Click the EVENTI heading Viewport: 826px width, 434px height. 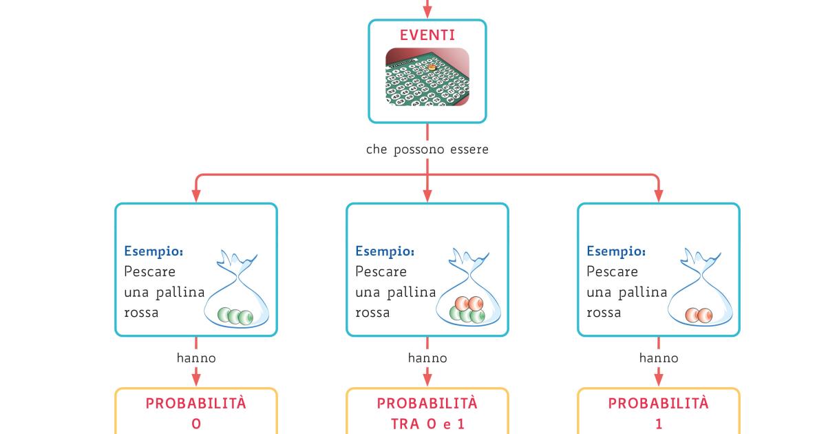(x=427, y=34)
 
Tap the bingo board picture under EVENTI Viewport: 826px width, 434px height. (x=427, y=76)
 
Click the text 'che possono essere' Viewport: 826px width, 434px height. (x=427, y=149)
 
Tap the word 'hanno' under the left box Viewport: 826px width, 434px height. (x=196, y=358)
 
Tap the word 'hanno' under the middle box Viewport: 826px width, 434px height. (x=427, y=358)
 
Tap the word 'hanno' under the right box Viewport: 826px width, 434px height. (x=659, y=358)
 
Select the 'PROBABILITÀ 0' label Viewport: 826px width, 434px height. (x=196, y=412)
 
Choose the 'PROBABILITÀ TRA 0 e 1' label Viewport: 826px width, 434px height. (x=427, y=412)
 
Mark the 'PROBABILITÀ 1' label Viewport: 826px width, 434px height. (x=659, y=412)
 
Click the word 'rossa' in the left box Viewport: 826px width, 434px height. (x=141, y=313)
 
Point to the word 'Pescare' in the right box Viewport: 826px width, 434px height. (x=613, y=271)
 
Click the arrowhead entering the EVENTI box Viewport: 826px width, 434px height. (x=427, y=12)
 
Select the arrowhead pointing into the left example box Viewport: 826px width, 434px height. (x=196, y=196)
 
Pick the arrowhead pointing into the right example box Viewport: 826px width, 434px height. (x=659, y=196)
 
